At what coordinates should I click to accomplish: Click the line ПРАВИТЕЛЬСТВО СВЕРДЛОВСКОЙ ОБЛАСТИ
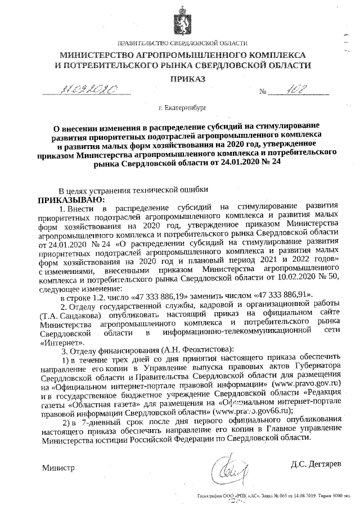(x=181, y=43)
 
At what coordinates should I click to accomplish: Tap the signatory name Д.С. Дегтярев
(x=316, y=465)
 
